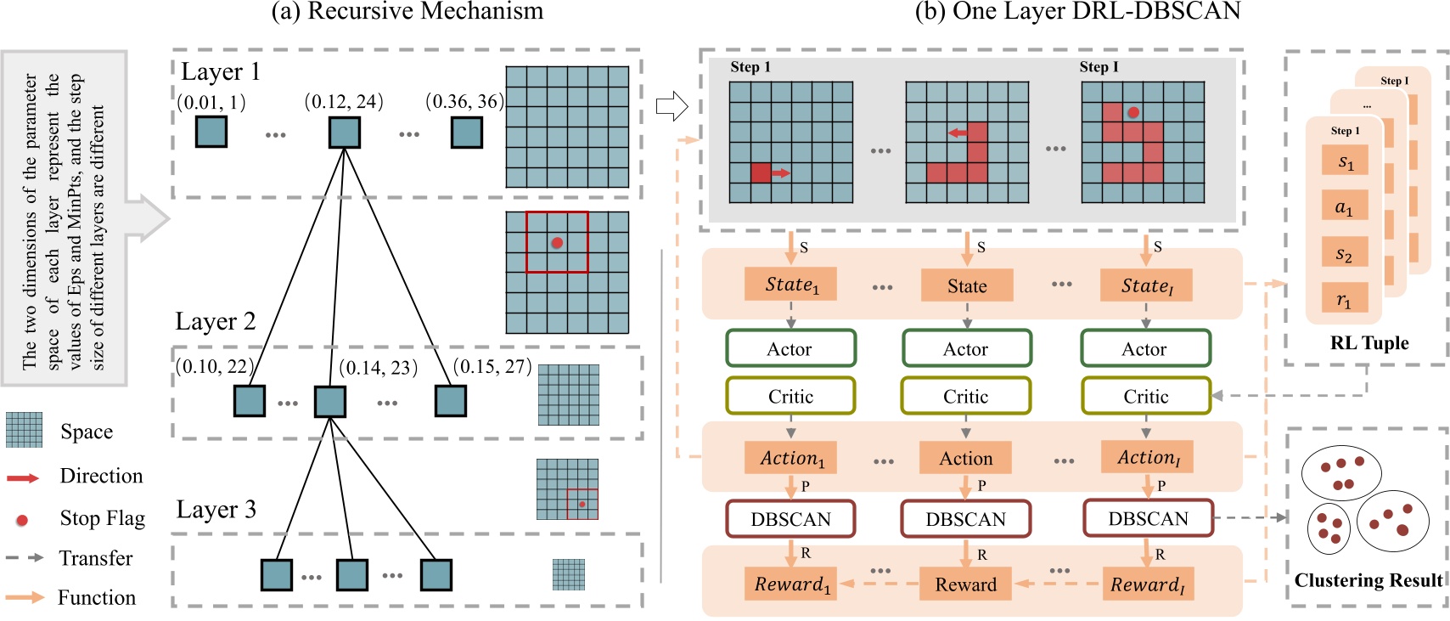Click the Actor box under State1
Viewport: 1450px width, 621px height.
click(790, 349)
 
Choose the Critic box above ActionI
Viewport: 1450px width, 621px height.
click(1145, 397)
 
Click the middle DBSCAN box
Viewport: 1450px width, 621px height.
click(965, 519)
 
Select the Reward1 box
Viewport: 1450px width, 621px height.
click(791, 584)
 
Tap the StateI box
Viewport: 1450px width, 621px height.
click(1146, 285)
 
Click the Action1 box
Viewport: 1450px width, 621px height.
click(791, 458)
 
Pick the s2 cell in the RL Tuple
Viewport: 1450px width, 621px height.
click(1345, 253)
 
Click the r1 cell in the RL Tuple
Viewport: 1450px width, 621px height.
click(1345, 299)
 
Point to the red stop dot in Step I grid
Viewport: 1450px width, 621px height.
click(1132, 112)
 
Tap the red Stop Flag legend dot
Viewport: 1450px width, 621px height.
click(22, 519)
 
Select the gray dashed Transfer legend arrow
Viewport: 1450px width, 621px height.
click(24, 558)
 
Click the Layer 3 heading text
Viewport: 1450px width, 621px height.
click(216, 510)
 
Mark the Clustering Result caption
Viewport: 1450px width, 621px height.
click(1368, 580)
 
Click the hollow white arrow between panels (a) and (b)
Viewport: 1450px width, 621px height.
click(672, 107)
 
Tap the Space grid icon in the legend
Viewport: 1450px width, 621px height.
click(24, 430)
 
